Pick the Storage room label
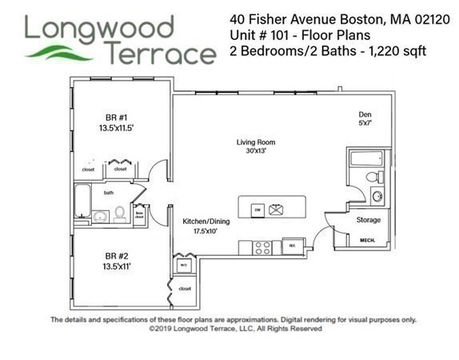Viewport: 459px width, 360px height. (369, 220)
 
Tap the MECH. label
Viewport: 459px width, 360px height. (369, 240)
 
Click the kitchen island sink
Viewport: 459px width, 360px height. (279, 209)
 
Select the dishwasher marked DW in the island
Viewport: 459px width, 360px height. (258, 209)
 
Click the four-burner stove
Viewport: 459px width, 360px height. (262, 246)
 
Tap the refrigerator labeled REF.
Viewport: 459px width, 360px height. (293, 246)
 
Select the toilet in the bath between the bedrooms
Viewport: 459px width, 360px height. (120, 214)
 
